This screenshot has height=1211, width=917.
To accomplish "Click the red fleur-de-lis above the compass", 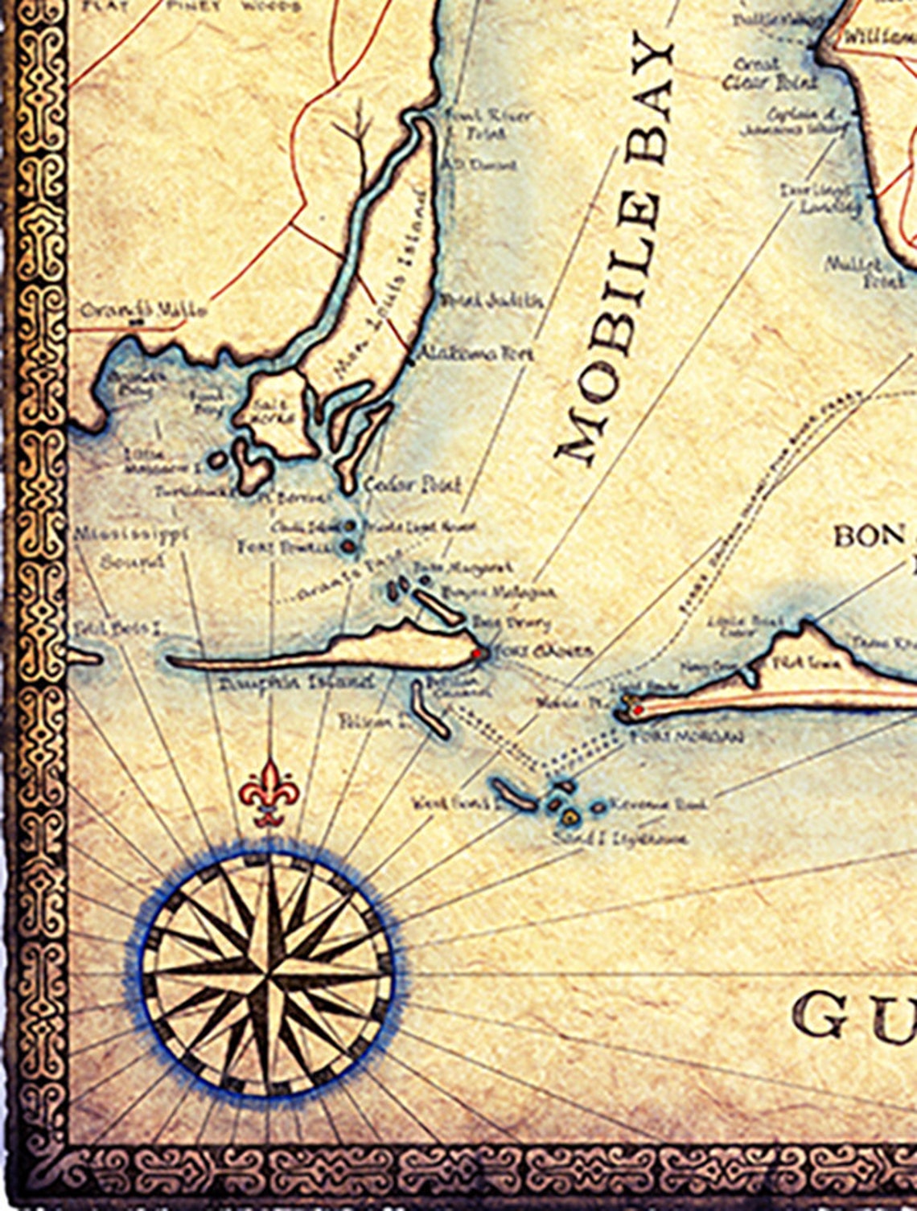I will pos(269,791).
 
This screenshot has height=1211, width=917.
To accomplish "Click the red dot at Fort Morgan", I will pos(637,710).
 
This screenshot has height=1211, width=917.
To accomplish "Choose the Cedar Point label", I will pos(413,485).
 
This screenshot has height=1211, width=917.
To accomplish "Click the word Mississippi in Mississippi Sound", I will pos(133,534).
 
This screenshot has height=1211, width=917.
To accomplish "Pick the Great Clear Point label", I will pos(768,74).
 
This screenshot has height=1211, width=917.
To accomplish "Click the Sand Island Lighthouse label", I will pos(621,839).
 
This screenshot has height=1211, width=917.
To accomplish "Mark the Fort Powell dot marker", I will pos(348,547).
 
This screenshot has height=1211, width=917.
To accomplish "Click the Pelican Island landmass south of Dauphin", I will pos(431,708).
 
